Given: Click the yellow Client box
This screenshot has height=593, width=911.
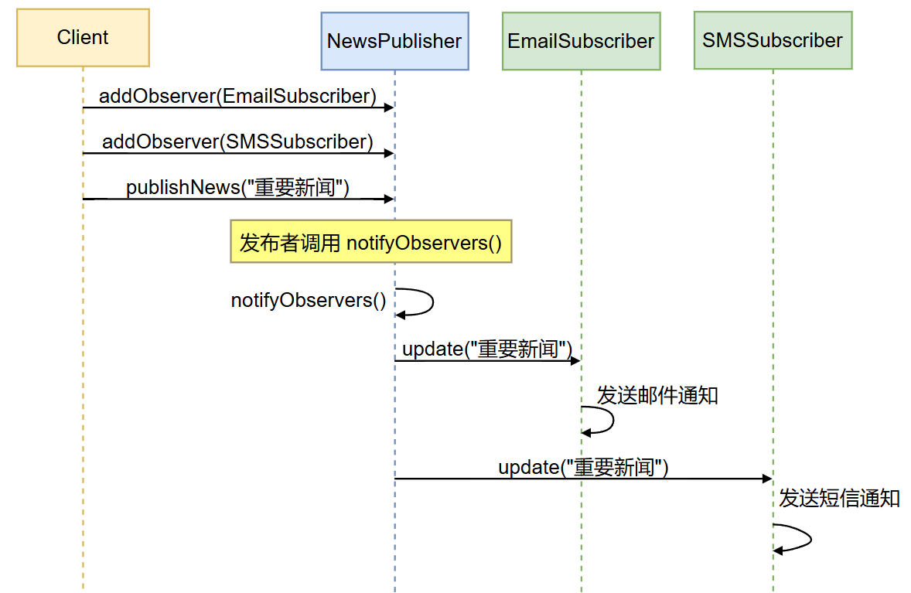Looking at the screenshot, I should coord(83,38).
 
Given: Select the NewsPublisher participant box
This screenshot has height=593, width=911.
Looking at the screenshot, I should coord(394,41).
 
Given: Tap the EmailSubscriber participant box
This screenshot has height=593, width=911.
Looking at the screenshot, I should coord(581,41).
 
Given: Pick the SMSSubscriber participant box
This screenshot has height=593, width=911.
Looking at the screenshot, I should coord(773,40).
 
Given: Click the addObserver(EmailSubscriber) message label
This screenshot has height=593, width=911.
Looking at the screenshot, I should coord(237,97).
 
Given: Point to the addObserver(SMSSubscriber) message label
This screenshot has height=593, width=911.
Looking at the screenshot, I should coord(237,142).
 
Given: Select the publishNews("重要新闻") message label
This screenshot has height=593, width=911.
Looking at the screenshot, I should coord(237,188).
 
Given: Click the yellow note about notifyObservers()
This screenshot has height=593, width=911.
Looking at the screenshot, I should coord(371,244).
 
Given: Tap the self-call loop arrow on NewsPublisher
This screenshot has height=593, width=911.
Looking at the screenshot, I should coord(421,302).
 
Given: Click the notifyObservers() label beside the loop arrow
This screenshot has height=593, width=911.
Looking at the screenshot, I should coord(309,300).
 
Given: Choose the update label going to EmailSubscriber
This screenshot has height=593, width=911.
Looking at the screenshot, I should coord(487,349).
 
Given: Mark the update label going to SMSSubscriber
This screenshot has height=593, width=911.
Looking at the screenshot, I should coord(583,467).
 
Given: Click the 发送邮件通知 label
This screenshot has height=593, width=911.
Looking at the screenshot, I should coord(657,396).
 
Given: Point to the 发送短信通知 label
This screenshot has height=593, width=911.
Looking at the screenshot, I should coord(839,498).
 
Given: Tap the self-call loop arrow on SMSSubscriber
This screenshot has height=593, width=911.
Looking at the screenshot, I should coord(800,538).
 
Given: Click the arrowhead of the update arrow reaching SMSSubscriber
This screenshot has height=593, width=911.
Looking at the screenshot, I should coord(767,479).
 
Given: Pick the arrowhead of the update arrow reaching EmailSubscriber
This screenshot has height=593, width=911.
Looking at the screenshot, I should coord(575,360).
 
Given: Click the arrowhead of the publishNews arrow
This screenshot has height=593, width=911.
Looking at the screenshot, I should coord(389,199).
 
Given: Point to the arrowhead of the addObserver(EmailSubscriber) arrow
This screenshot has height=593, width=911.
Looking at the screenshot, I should coord(389,107).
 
